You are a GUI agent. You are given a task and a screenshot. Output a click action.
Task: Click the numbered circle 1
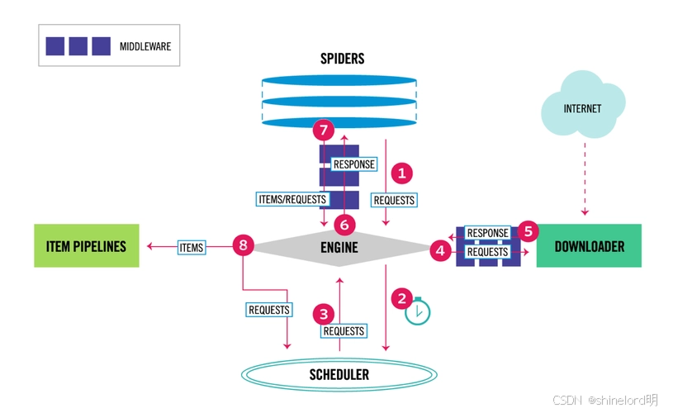(402, 173)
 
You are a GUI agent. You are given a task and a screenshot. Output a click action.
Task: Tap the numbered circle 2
(402, 298)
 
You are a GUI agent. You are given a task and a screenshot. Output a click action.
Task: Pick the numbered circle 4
(440, 249)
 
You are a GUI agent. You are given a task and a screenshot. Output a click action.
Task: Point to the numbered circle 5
(528, 232)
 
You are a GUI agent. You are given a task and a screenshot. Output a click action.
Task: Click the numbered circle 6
(345, 224)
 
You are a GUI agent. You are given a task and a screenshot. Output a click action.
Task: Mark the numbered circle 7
(324, 130)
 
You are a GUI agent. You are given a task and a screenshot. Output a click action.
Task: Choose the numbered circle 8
(242, 245)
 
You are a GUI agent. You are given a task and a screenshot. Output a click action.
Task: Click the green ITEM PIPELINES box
(87, 246)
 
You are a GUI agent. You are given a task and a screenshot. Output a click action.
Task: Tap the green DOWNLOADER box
(589, 246)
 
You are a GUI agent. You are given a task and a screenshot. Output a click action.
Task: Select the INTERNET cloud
(582, 108)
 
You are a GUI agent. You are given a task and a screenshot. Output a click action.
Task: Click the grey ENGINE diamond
(339, 247)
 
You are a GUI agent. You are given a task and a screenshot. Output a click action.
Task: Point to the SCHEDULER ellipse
(339, 375)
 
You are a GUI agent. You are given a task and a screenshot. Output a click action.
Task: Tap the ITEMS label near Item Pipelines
(191, 246)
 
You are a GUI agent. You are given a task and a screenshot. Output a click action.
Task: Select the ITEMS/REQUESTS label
(293, 199)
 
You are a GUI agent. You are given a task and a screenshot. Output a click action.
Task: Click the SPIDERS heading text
(342, 59)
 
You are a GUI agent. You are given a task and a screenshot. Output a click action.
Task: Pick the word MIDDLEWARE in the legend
(145, 46)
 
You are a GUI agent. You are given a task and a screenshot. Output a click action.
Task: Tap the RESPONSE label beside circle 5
(487, 234)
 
